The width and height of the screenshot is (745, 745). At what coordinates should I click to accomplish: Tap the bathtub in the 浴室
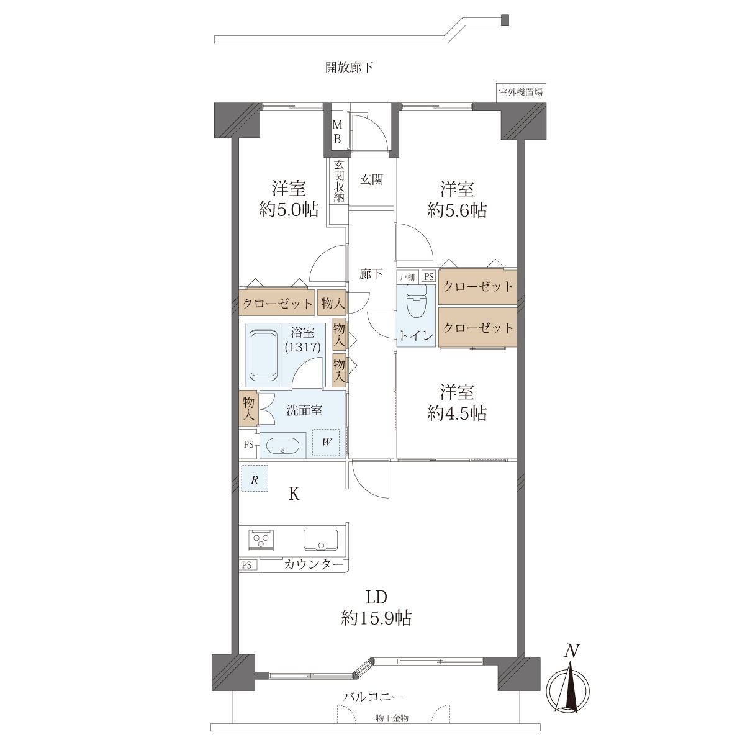click(263, 355)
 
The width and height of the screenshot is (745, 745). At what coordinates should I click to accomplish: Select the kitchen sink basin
click(320, 540)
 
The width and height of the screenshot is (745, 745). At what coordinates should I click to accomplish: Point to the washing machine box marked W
click(326, 443)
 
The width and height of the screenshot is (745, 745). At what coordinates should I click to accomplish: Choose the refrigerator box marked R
click(255, 478)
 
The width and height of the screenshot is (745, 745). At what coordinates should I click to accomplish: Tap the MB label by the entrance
click(337, 132)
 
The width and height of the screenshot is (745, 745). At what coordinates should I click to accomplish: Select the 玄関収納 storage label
click(339, 181)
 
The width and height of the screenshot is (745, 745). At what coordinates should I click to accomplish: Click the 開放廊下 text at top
click(349, 68)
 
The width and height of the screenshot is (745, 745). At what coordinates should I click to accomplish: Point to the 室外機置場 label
click(520, 93)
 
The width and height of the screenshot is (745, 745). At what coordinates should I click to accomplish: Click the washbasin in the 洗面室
click(283, 446)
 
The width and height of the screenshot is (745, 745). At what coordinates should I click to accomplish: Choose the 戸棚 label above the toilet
click(407, 277)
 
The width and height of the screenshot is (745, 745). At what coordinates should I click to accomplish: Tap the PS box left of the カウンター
click(246, 565)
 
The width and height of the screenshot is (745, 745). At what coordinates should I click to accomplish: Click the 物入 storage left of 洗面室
click(248, 409)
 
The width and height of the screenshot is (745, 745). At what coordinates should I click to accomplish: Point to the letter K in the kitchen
click(294, 494)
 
